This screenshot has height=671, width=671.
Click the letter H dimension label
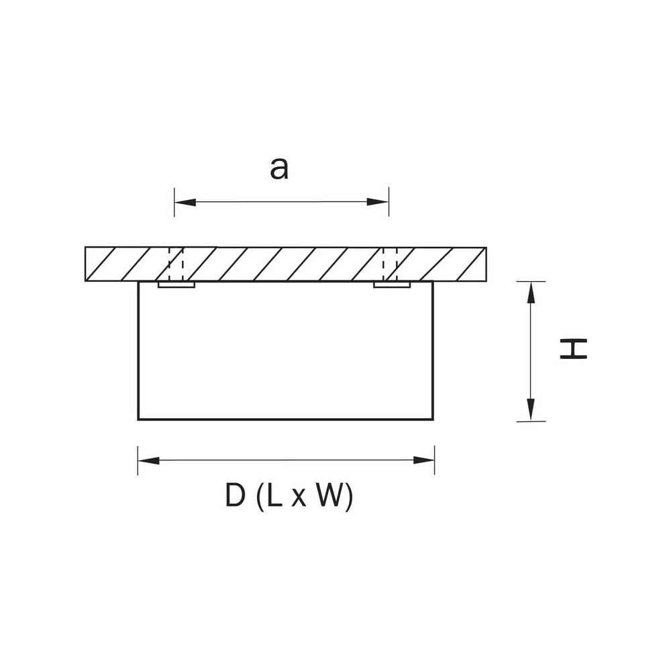[574, 348]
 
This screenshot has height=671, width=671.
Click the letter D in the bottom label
[236, 496]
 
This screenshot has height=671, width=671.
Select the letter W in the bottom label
[331, 496]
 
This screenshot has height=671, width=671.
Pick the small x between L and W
[299, 499]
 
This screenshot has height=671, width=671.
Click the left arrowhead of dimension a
[185, 202]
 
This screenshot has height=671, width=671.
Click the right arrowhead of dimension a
[377, 202]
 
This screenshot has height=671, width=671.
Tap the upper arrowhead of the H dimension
[531, 293]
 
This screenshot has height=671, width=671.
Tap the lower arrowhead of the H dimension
[531, 410]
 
